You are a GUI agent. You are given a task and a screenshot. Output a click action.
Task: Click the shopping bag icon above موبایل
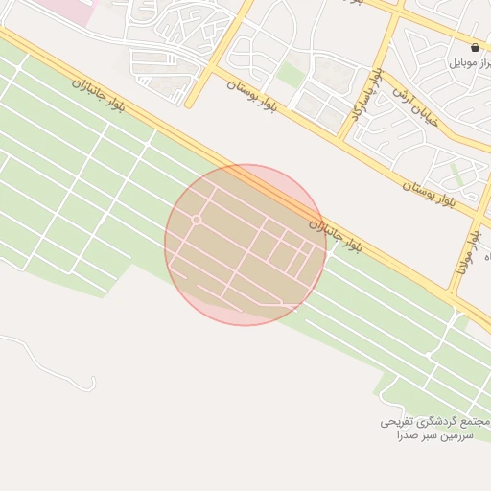tap(476, 47)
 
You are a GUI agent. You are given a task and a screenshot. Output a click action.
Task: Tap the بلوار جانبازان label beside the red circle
tap(336, 235)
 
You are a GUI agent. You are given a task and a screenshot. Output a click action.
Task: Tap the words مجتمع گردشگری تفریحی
tap(436, 422)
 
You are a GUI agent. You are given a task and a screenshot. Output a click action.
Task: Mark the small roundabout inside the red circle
tap(196, 221)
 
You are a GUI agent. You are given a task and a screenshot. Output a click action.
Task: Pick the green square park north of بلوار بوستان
tap(290, 74)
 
